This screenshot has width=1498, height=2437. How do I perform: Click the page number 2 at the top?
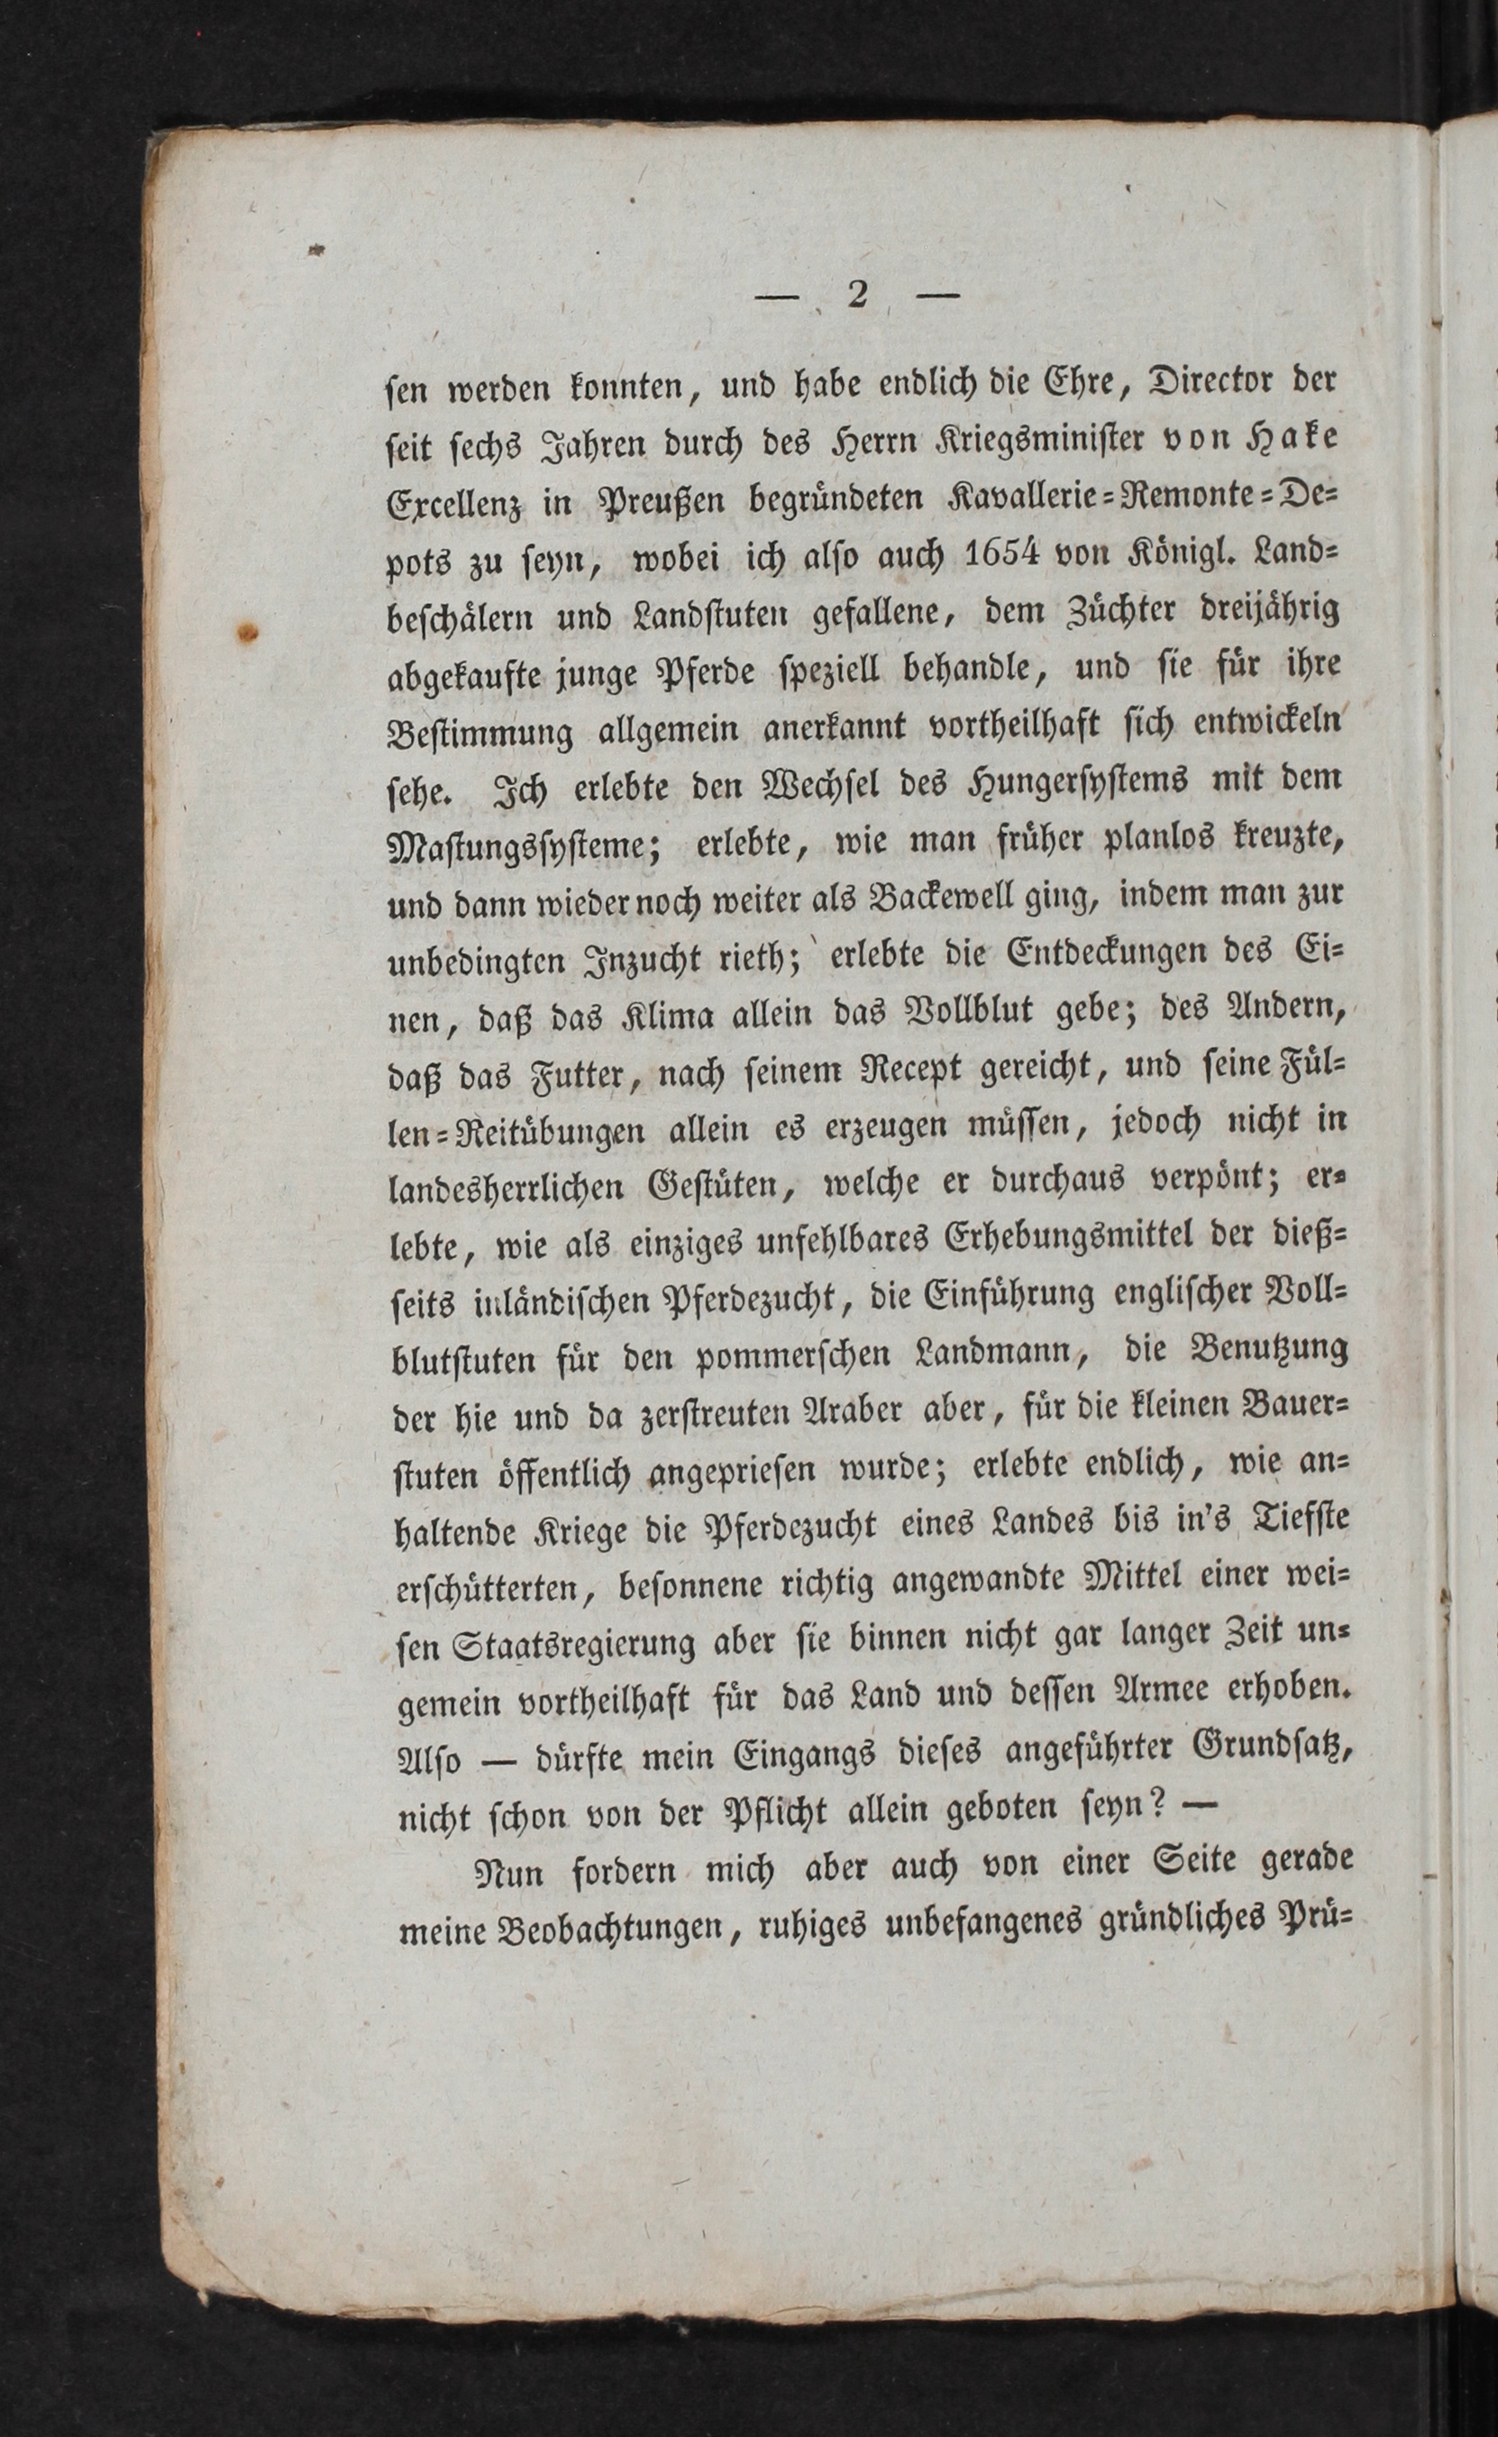tap(857, 296)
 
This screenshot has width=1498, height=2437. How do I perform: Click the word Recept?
tap(928, 1071)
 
